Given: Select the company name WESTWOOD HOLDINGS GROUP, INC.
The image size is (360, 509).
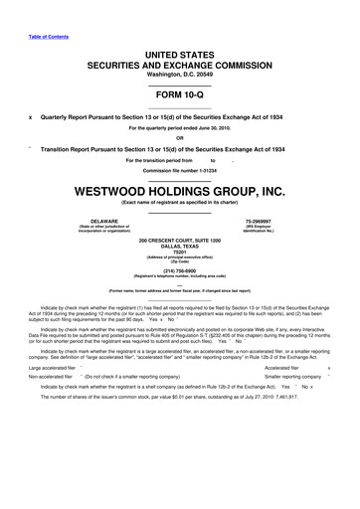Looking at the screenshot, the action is pos(180,192).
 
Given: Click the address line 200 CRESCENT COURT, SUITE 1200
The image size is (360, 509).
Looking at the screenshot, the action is pos(180,241).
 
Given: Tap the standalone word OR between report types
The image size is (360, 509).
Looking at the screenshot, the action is pos(180,137).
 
